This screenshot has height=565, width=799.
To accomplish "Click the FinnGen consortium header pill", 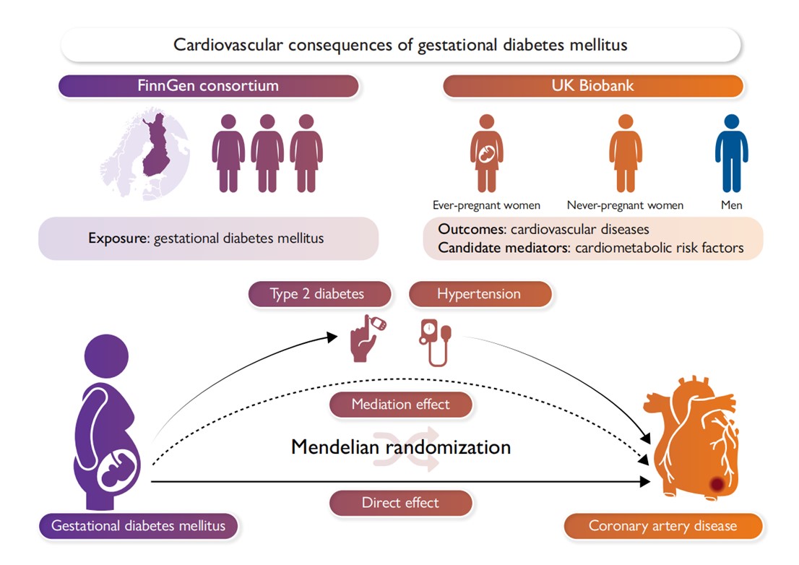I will tap(208, 85).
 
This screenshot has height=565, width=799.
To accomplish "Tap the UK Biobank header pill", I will tap(592, 85).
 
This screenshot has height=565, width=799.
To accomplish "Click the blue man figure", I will tap(731, 152).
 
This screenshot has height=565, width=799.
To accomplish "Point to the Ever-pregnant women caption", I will tap(486, 205).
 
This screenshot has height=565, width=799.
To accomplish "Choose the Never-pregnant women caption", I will tap(625, 205).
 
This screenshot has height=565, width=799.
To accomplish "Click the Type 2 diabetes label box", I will tap(319, 294).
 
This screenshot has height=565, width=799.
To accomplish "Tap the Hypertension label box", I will tap(479, 294).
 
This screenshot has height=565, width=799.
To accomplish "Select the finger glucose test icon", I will tap(367, 337).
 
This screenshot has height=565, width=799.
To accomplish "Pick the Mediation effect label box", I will tap(400, 405).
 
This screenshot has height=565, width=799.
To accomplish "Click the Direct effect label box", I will tap(400, 503).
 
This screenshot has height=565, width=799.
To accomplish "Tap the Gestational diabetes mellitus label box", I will tap(139, 525).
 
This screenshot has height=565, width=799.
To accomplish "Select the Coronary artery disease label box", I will tap(662, 525).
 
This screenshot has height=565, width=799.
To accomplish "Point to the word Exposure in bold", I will tap(119, 238).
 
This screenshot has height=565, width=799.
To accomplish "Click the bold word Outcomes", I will tap(472, 230).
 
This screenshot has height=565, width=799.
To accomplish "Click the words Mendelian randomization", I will tap(400, 447).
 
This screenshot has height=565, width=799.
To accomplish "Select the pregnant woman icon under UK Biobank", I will tap(486, 152).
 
